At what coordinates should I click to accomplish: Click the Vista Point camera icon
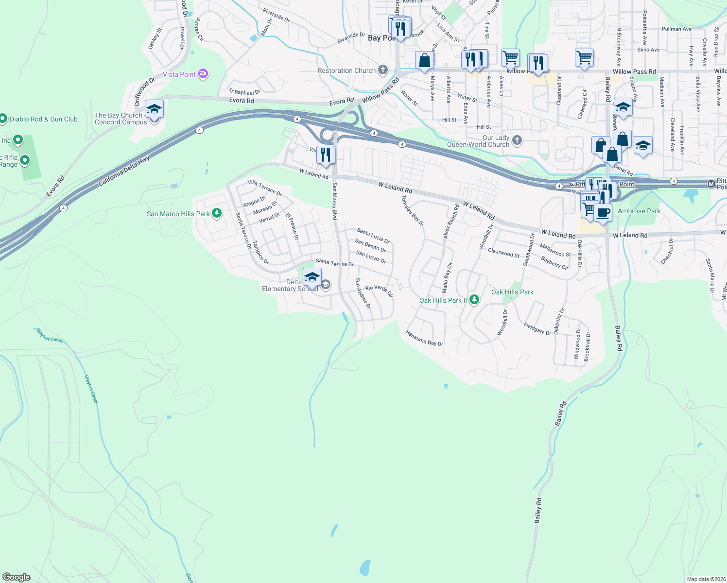point(203,74)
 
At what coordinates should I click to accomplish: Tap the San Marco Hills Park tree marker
point(217,213)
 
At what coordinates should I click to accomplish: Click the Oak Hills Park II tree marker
point(474,300)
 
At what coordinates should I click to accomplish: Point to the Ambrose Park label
point(639,211)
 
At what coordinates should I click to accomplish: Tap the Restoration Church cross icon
point(383,70)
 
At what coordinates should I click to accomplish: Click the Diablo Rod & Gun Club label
point(44,119)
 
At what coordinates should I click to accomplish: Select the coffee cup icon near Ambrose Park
point(603,212)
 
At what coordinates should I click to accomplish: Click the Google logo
point(17,577)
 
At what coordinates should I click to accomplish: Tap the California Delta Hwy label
point(124,171)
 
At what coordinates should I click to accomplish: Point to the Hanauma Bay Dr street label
point(424,339)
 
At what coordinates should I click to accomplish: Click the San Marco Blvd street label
point(334,201)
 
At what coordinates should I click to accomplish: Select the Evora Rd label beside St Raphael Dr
point(242,101)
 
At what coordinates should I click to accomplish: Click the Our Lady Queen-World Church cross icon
point(517,140)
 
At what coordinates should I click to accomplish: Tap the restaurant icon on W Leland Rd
point(326,155)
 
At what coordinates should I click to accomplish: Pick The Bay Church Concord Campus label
point(121,119)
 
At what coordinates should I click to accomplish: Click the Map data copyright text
point(706,579)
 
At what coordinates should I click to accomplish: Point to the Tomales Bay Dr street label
point(413,210)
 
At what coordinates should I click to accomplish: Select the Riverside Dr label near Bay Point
point(351,38)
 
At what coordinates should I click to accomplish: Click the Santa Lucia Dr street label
point(373,236)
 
